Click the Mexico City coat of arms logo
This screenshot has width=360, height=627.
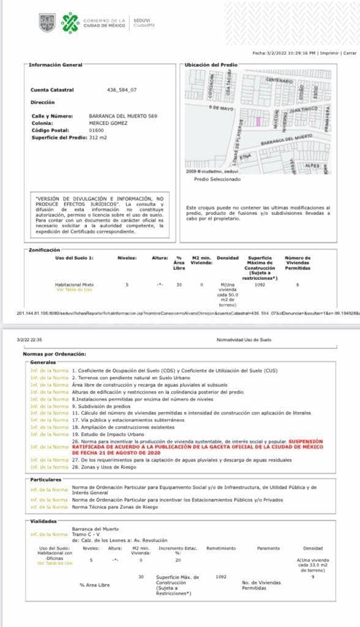click(x=47, y=23)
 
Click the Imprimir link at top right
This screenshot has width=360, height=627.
click(x=329, y=53)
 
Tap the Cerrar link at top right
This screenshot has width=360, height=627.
click(x=350, y=53)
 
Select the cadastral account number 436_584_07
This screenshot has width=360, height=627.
click(x=122, y=90)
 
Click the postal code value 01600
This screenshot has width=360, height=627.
click(x=96, y=130)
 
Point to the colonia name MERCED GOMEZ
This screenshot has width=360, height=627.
click(x=108, y=123)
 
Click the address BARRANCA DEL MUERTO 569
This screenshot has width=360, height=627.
click(x=123, y=116)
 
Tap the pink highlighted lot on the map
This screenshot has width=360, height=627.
click(x=258, y=122)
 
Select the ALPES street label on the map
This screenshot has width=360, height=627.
click(x=312, y=165)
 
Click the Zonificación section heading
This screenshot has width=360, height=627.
click(x=44, y=250)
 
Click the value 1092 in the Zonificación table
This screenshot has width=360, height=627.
click(x=260, y=285)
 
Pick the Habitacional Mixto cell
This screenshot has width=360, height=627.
click(x=74, y=285)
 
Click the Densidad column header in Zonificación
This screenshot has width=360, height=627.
click(x=227, y=258)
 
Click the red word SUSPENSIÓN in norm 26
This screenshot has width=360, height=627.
click(x=312, y=441)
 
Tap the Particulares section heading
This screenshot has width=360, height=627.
click(x=46, y=479)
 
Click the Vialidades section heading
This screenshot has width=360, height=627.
click(x=43, y=521)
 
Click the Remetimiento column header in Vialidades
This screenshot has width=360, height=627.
click(x=222, y=548)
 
